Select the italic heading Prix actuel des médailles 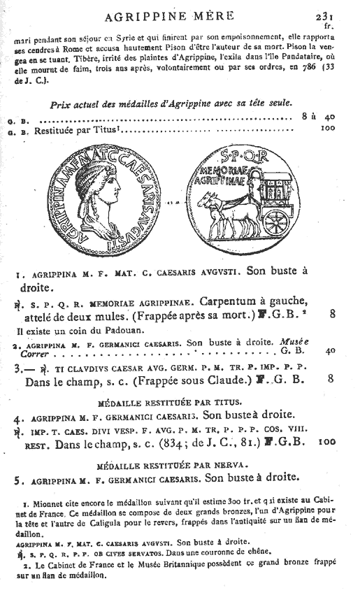point(171,103)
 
